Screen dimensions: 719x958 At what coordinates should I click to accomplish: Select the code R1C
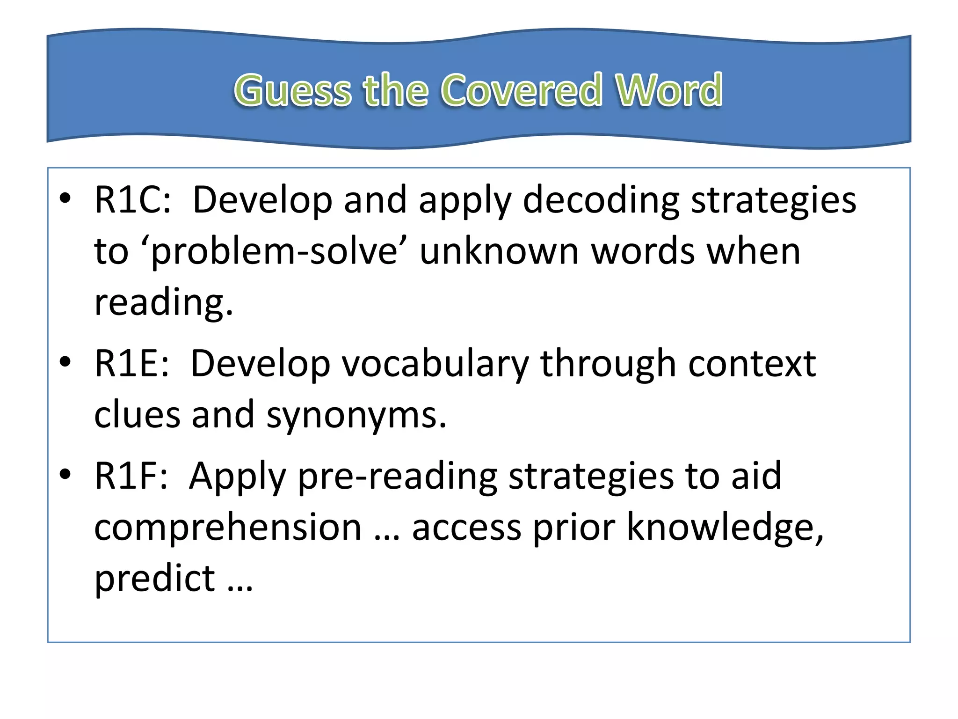pyautogui.click(x=132, y=200)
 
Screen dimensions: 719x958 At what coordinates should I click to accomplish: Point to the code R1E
pyautogui.click(x=131, y=363)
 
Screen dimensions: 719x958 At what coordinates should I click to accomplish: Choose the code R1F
pyautogui.click(x=131, y=476)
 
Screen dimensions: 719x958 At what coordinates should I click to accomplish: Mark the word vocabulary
pyautogui.click(x=435, y=364)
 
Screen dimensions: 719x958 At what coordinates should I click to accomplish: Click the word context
pyautogui.click(x=752, y=363)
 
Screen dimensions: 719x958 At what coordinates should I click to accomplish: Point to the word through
pyautogui.click(x=608, y=364)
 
